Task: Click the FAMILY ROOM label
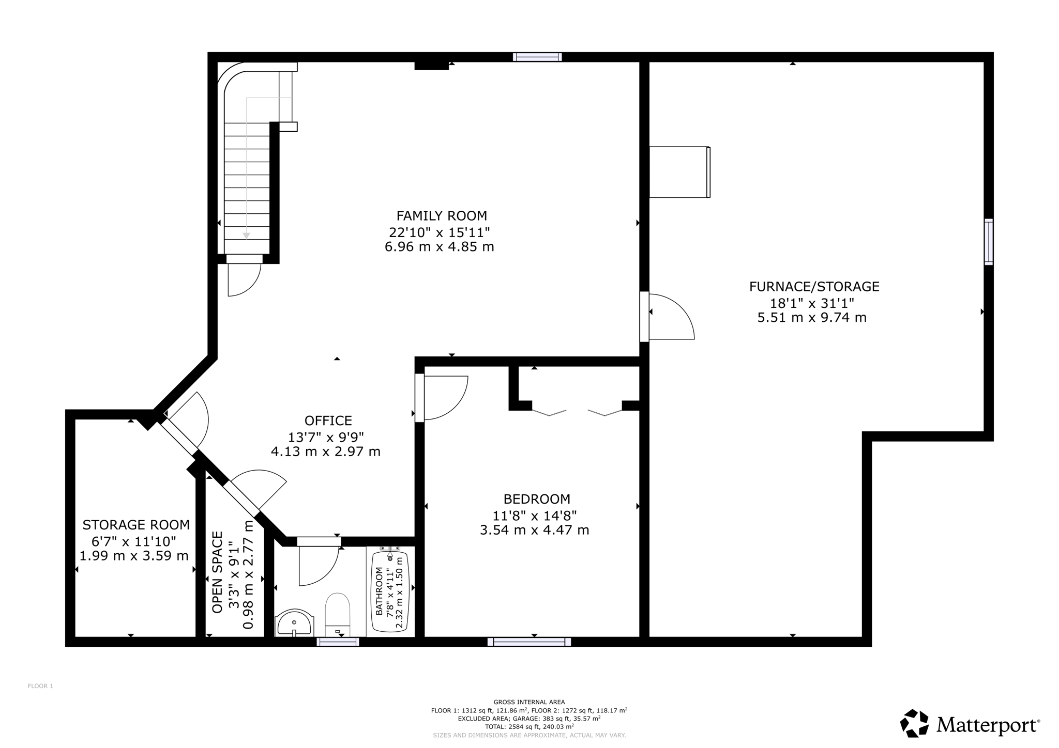(x=442, y=215)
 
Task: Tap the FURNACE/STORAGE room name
(x=814, y=286)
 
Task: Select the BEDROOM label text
(x=537, y=499)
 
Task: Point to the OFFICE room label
(x=328, y=420)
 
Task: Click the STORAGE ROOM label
(x=136, y=525)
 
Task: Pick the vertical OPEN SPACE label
(x=217, y=572)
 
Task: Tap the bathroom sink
(x=294, y=623)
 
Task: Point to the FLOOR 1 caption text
(x=40, y=686)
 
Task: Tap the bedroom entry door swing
(x=446, y=398)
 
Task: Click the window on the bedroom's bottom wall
(x=529, y=642)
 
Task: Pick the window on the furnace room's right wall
(x=988, y=242)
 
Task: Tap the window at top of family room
(x=537, y=57)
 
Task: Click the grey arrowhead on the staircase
(x=246, y=236)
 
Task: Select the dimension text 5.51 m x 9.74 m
(x=812, y=317)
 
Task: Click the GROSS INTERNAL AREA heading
(x=529, y=702)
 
